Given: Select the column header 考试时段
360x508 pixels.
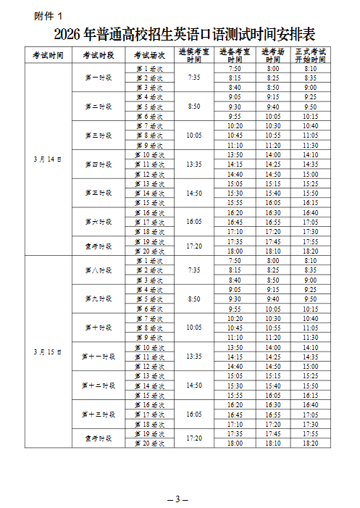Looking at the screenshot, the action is (97, 55).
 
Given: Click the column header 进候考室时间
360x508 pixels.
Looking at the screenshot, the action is (193, 55).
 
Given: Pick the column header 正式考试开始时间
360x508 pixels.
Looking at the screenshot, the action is (310, 55).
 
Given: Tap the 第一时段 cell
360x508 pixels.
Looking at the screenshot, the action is (97, 78).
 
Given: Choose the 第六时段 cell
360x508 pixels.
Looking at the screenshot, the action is (97, 222).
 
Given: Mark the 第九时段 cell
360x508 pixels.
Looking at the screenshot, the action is (97, 299).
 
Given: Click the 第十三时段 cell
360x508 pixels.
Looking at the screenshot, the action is (97, 414).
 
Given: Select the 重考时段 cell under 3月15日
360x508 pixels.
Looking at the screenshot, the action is (97, 438).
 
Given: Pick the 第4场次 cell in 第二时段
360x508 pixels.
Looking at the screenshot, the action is (149, 96).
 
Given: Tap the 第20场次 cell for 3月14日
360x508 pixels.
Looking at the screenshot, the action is (149, 251).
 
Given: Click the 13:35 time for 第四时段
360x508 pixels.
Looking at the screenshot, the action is (193, 164).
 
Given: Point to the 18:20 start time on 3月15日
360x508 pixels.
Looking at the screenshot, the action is (310, 443).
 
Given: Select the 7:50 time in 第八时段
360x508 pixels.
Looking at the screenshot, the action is (235, 260).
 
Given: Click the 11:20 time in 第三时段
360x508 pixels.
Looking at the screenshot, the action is (272, 145).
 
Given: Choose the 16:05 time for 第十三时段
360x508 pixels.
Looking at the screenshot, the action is (193, 414).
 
